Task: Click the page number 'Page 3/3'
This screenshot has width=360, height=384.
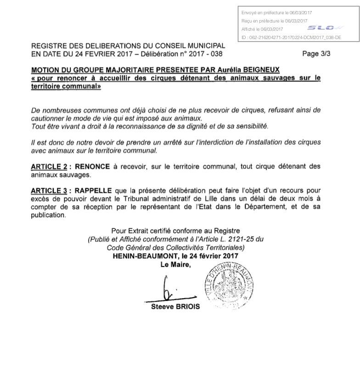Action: click(x=316, y=54)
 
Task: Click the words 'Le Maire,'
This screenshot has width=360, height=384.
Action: click(x=174, y=265)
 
